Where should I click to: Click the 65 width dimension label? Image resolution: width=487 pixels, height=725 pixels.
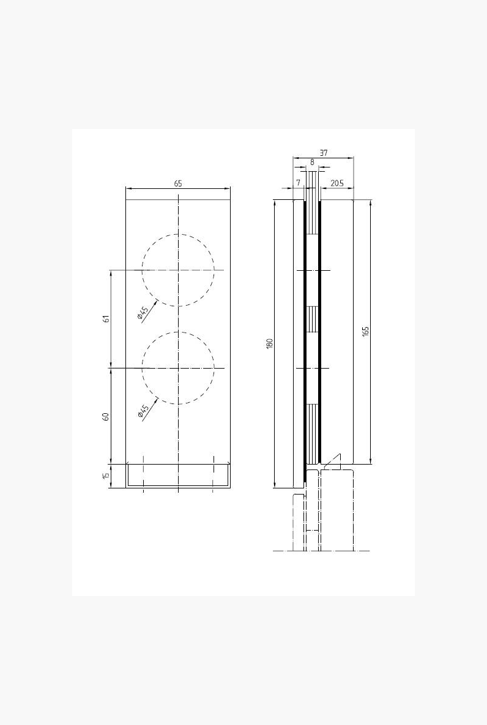pyautogui.click(x=178, y=183)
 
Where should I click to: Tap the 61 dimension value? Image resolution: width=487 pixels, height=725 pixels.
pyautogui.click(x=106, y=318)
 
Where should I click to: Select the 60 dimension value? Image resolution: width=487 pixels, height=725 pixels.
pyautogui.click(x=106, y=416)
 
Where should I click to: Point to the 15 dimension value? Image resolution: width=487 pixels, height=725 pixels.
pyautogui.click(x=106, y=476)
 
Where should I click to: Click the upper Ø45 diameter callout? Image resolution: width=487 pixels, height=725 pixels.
pyautogui.click(x=143, y=314)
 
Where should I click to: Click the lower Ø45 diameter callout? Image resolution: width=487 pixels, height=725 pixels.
pyautogui.click(x=143, y=411)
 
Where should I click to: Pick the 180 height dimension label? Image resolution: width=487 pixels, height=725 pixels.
pyautogui.click(x=270, y=344)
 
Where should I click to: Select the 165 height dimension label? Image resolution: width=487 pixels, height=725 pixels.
pyautogui.click(x=366, y=331)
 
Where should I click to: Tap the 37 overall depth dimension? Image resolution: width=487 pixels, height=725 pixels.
pyautogui.click(x=323, y=153)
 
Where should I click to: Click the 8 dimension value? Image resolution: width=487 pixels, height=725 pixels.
pyautogui.click(x=312, y=162)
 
